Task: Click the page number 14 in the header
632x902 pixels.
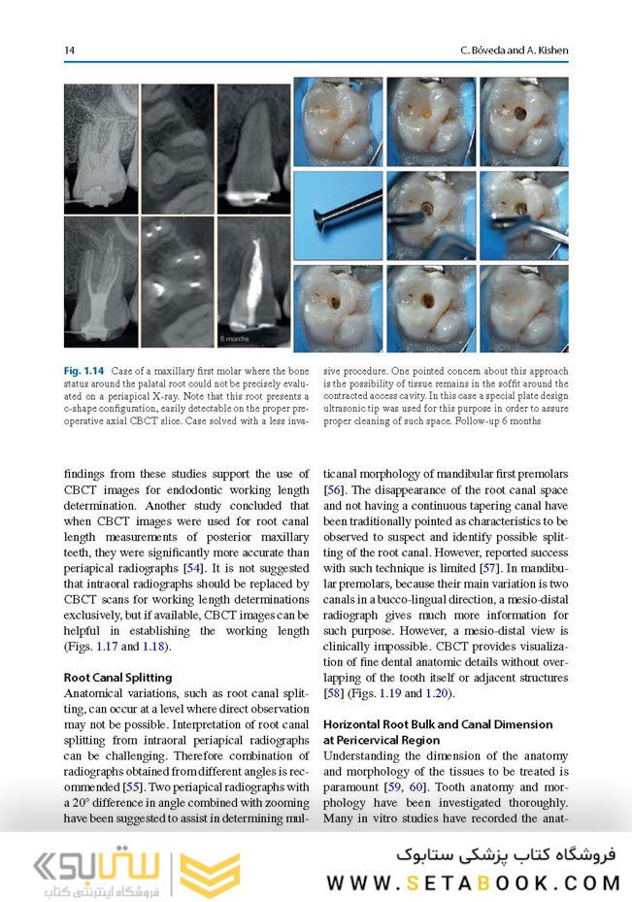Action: click(70, 50)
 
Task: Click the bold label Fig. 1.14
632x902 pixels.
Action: click(84, 371)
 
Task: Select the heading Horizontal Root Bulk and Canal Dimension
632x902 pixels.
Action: click(437, 724)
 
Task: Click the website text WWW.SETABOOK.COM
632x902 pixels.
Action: click(473, 883)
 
